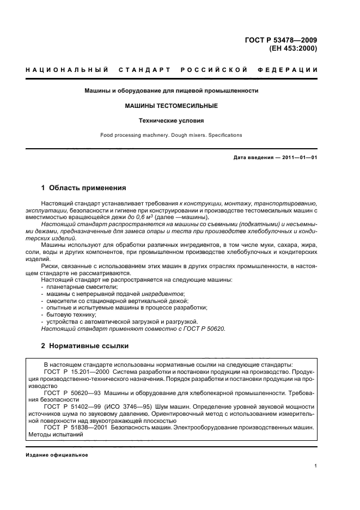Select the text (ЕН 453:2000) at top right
[x=293, y=47]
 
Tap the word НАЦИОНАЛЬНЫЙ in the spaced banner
[x=64, y=70]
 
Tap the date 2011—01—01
[x=300, y=158]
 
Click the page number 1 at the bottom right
[x=315, y=466]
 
